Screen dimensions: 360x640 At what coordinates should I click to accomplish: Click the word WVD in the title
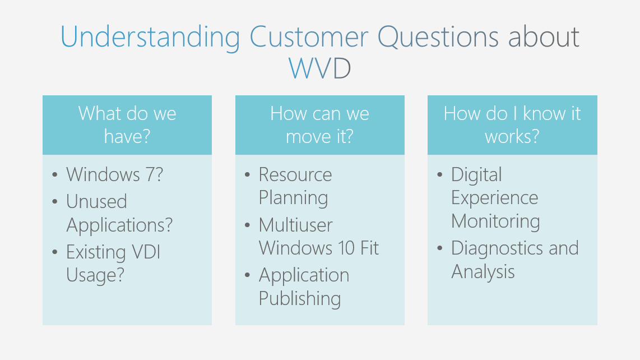[x=320, y=68]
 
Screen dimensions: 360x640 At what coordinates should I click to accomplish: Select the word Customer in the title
[x=309, y=37]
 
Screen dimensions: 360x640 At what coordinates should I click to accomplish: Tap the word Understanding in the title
[x=150, y=37]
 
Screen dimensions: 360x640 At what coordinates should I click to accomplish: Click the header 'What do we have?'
[x=127, y=124]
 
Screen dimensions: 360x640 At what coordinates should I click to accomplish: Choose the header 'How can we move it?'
[x=319, y=124]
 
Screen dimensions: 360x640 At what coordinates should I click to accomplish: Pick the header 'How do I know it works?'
[x=512, y=124]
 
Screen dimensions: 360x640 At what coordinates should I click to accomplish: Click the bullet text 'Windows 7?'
[x=114, y=174]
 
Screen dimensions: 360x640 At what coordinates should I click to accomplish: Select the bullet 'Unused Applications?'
[x=119, y=213]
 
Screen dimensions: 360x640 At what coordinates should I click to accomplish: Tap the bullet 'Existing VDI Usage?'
[x=113, y=264]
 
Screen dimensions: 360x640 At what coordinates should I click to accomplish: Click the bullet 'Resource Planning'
[x=295, y=186]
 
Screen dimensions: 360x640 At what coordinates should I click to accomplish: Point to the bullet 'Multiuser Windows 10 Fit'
[x=318, y=236]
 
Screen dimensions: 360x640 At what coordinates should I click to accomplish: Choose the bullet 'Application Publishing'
[x=304, y=287]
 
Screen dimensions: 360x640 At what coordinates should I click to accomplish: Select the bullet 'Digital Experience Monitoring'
[x=495, y=198]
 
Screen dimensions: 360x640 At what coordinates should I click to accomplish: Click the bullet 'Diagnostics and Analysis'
[x=514, y=260]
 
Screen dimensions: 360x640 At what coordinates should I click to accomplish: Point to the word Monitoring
[x=495, y=221]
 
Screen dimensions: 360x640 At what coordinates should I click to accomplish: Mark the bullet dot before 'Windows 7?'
[x=55, y=175]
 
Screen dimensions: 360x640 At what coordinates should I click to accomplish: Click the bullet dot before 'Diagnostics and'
[x=440, y=248]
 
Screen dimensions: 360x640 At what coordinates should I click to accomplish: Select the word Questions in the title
[x=438, y=37]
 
